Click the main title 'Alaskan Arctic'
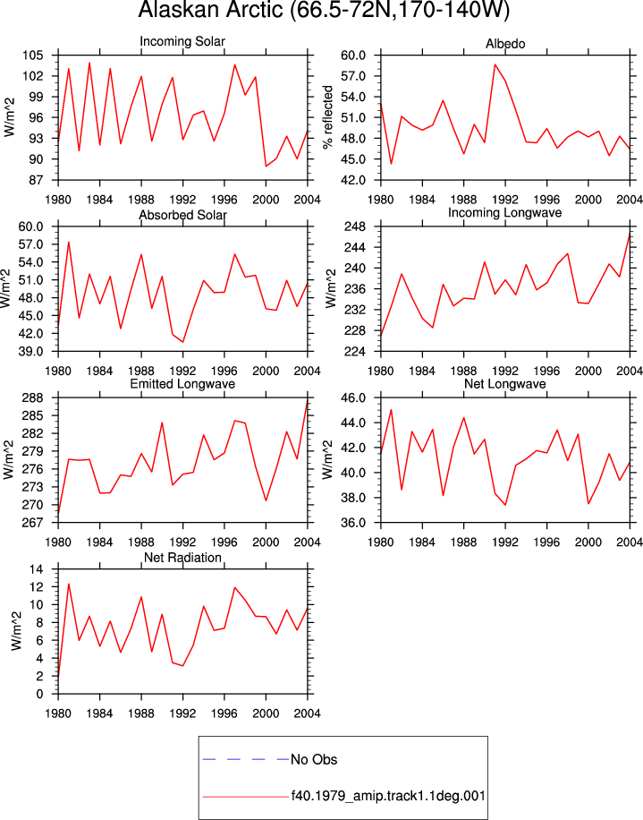click(x=209, y=10)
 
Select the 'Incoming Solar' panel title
click(x=182, y=41)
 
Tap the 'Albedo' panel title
click(x=505, y=44)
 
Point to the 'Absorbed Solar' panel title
click(x=182, y=215)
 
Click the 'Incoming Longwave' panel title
click(x=504, y=213)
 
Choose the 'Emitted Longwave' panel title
click(x=182, y=384)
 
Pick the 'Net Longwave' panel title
click(x=504, y=384)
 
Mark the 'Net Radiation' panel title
click(x=182, y=558)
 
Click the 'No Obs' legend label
click(x=314, y=759)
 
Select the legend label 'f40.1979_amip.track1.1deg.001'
click(x=388, y=796)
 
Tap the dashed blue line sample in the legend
click(x=246, y=759)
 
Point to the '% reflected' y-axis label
click(x=327, y=117)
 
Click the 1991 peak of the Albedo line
click(x=495, y=64)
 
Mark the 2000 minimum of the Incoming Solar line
click(x=266, y=167)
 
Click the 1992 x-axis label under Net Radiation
click(x=182, y=713)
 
